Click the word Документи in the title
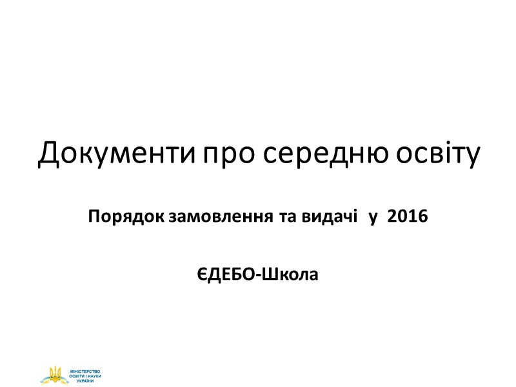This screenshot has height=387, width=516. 116,154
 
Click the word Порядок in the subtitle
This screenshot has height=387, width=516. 126,217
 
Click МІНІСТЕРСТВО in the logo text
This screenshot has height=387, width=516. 85,372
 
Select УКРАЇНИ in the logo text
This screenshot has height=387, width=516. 85,381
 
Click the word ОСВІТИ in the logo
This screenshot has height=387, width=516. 77,376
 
